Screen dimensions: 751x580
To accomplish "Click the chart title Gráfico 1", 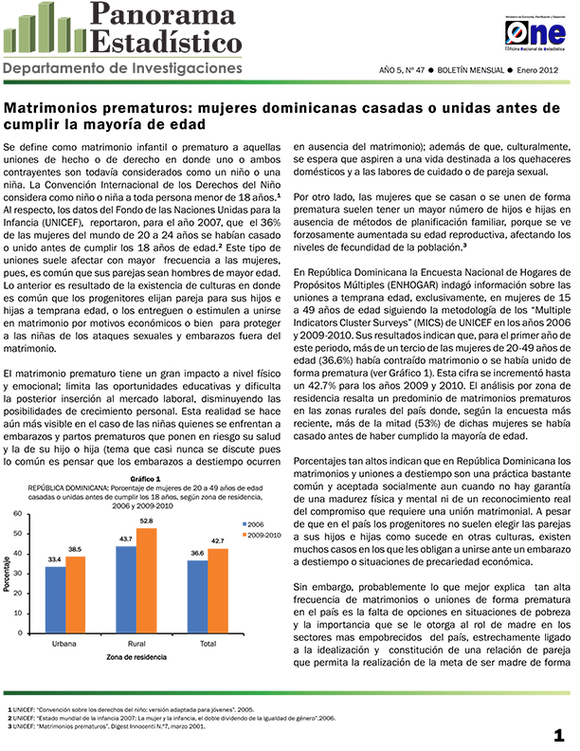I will pyautogui.click(x=145, y=479).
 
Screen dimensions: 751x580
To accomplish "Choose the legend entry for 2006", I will pyautogui.click(x=254, y=524).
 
